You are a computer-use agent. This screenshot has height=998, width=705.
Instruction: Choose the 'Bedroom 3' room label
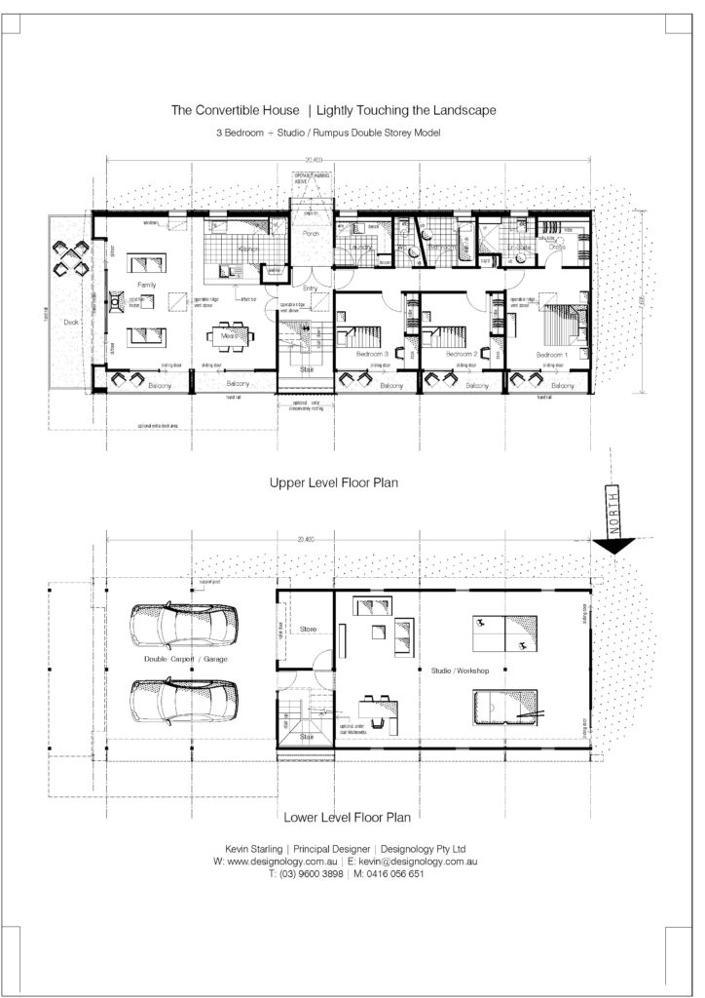point(372,354)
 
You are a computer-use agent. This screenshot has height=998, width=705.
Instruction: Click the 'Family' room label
point(147,284)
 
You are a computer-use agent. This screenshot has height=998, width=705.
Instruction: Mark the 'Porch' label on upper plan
point(312,233)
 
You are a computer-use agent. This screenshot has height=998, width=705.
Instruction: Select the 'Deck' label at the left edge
point(71,321)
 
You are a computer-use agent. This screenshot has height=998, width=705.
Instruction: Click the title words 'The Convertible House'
point(234,111)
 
